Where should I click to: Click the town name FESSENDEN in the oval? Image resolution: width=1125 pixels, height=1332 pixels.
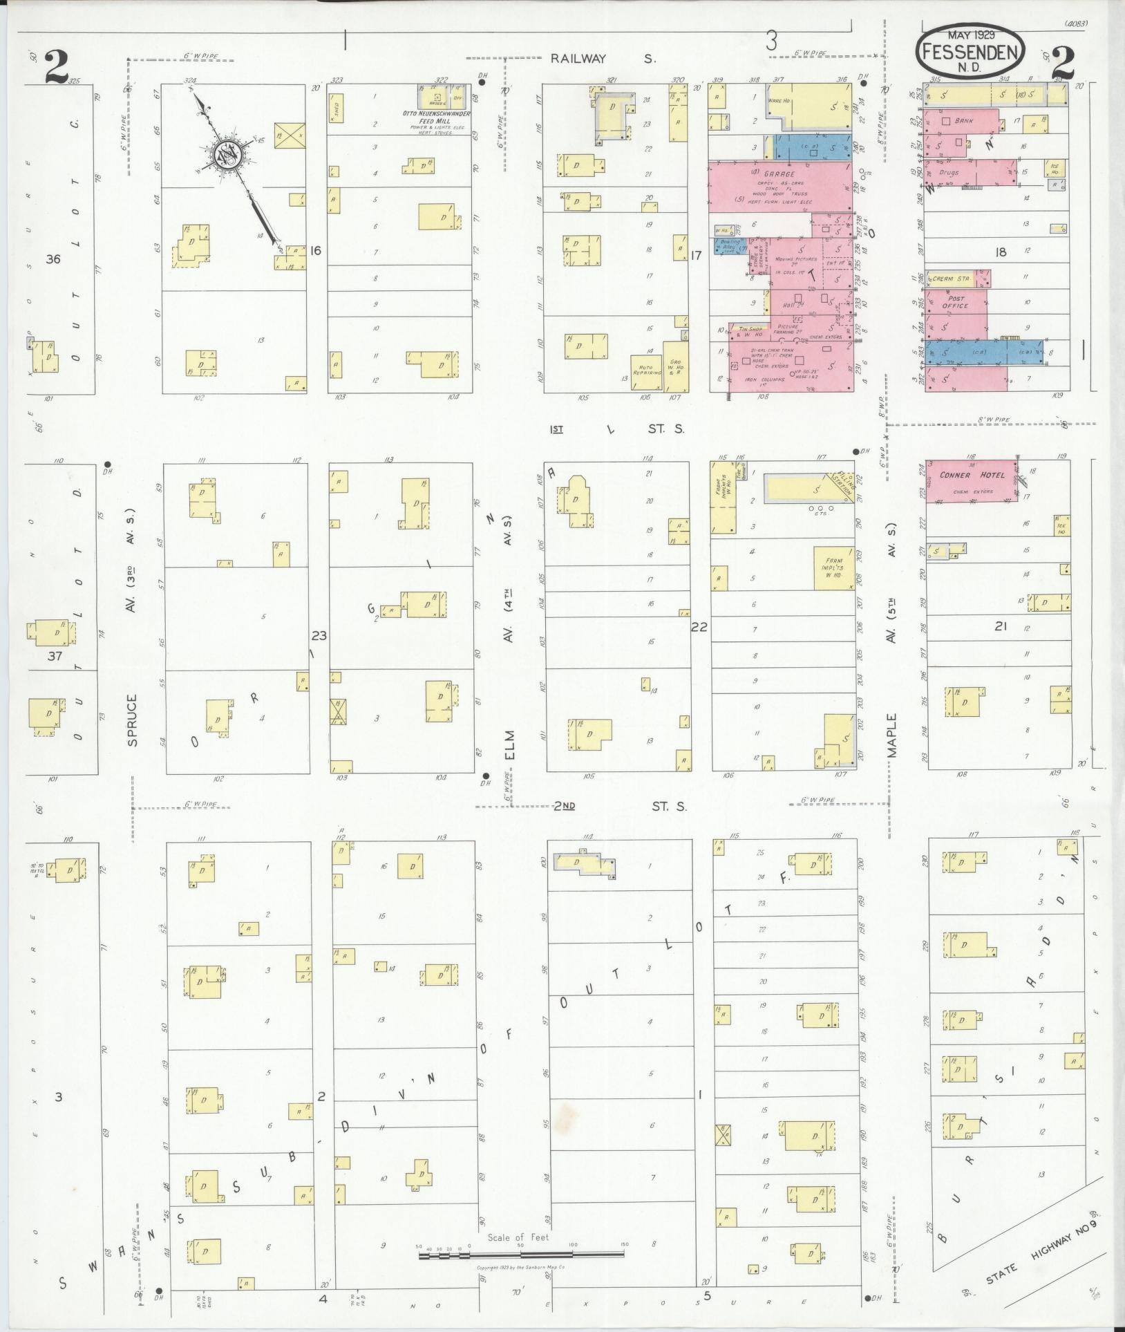[972, 52]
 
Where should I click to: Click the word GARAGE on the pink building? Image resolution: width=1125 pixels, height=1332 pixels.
[779, 174]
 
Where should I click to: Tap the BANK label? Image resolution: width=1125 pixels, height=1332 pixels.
[963, 120]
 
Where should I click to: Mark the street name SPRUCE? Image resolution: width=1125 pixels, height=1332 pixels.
[132, 720]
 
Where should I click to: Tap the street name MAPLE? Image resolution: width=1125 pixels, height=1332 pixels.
[892, 736]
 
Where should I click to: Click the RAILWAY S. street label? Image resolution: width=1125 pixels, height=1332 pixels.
[603, 59]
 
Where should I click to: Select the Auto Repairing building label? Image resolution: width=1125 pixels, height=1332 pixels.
[647, 373]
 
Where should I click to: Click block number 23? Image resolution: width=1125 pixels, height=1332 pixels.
[319, 636]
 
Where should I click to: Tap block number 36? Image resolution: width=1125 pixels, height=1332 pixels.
[53, 260]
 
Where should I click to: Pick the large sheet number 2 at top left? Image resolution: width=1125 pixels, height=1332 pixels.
[56, 67]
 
